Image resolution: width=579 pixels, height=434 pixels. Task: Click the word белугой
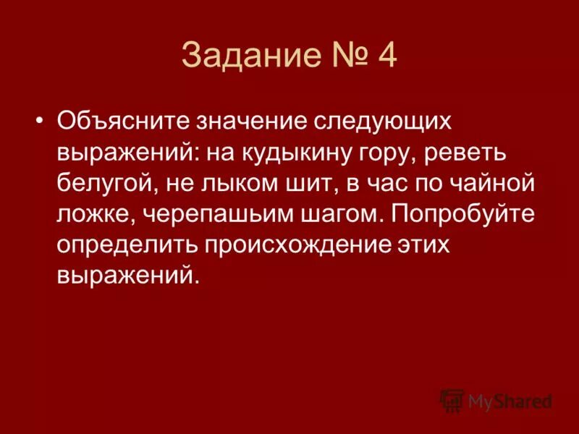click(105, 182)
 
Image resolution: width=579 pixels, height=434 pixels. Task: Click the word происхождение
click(300, 244)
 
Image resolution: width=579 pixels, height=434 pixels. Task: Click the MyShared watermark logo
click(496, 400)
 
